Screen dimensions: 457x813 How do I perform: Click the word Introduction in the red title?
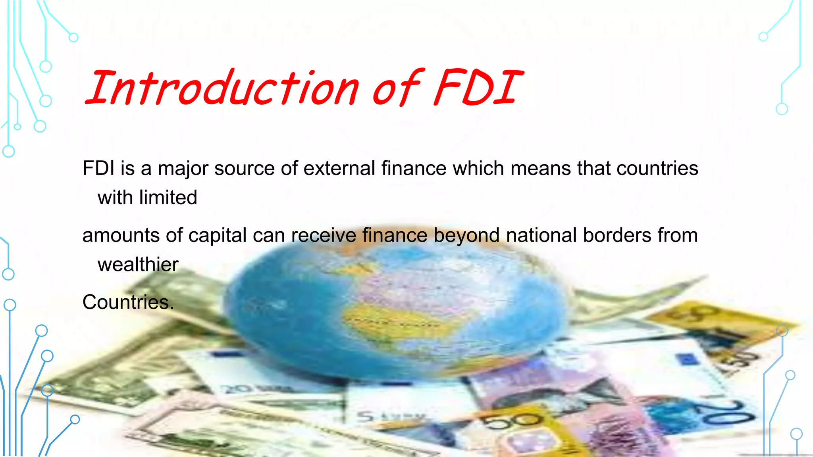pos(222,88)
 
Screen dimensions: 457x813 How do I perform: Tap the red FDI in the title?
pos(478,88)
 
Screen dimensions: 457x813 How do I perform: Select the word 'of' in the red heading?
pos(397,88)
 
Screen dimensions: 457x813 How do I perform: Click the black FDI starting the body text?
pos(98,168)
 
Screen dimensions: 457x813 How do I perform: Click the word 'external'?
pos(339,168)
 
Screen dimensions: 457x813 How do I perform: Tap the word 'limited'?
pos(168,198)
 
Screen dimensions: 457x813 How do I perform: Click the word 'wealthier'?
pos(138,265)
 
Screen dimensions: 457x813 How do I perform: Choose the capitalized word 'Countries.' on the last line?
pos(128,302)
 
